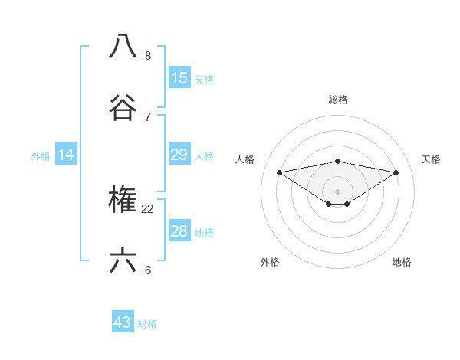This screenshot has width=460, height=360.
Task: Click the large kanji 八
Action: click(123, 46)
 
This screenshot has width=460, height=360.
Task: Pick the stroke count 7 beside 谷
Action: click(148, 116)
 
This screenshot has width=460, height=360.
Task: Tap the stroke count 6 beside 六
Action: click(148, 270)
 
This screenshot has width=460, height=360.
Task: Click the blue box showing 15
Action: click(179, 78)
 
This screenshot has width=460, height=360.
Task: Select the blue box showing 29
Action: click(179, 155)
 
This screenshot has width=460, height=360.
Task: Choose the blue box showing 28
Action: click(179, 231)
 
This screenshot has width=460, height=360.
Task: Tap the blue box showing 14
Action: click(66, 155)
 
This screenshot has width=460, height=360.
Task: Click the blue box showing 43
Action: click(123, 322)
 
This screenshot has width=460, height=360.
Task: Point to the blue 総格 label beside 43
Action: click(147, 324)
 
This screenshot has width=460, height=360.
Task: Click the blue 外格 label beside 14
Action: click(41, 156)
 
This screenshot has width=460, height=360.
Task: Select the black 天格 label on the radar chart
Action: click(431, 159)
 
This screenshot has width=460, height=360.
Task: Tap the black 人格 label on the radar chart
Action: click(245, 159)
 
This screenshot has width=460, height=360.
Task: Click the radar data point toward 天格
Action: click(396, 172)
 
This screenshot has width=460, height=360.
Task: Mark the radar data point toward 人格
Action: click(279, 172)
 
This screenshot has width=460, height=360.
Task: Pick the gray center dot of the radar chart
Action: click(337, 191)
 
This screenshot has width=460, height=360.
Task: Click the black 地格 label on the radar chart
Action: click(402, 262)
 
